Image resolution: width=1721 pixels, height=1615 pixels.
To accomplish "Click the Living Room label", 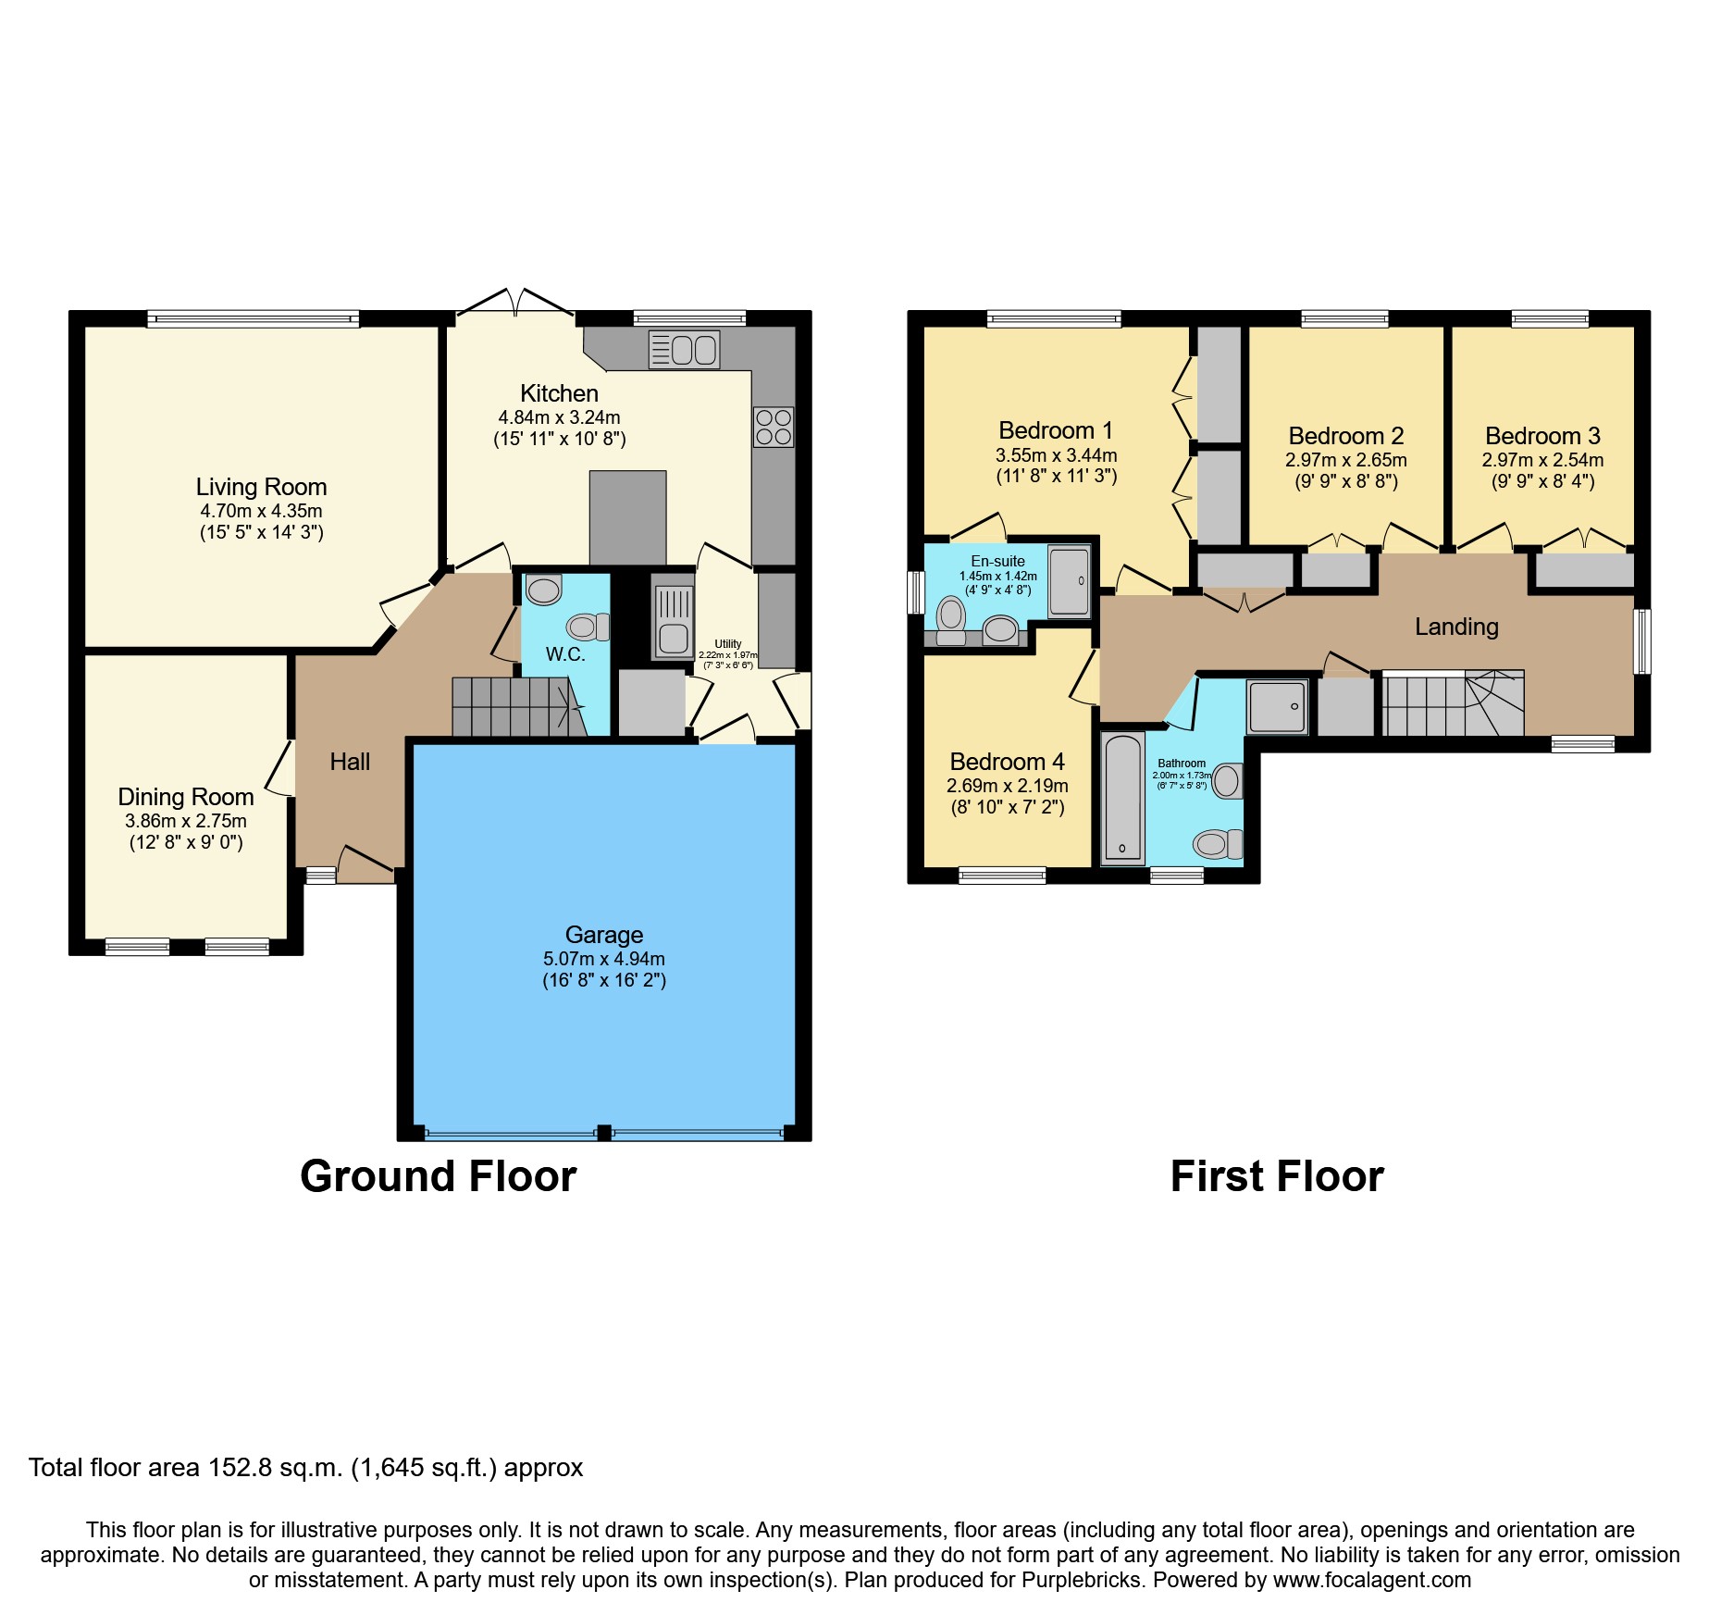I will point(261,487).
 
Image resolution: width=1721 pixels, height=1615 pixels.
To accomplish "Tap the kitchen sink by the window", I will point(684,350).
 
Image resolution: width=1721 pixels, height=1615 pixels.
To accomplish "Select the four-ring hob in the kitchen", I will point(774,427).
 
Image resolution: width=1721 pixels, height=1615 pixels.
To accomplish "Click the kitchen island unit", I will point(627,517).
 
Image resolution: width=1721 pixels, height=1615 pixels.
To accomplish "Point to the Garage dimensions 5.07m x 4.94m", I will point(603,959).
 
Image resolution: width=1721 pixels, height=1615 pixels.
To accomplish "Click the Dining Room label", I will point(185,797).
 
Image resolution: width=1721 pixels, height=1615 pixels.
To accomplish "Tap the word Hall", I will point(350,762).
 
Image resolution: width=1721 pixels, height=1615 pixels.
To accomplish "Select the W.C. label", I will point(564,654).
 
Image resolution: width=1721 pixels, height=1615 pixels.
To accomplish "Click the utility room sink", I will point(673,616).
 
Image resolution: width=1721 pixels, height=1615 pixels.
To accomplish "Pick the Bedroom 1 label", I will point(1055,430).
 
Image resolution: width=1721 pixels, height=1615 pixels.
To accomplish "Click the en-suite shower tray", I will point(1070,581).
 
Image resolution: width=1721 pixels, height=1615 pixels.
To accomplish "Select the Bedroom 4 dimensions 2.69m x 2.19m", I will point(1007,786).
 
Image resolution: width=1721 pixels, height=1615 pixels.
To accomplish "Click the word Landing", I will point(1455,627).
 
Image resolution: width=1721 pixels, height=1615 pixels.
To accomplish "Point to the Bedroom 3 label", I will point(1541,436).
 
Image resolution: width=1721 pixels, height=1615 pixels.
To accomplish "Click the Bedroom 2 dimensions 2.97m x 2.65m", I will point(1345,460).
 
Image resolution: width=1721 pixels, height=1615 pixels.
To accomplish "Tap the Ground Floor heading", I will point(438,1176).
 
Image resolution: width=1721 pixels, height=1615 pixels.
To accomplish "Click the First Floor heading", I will point(1276,1176).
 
